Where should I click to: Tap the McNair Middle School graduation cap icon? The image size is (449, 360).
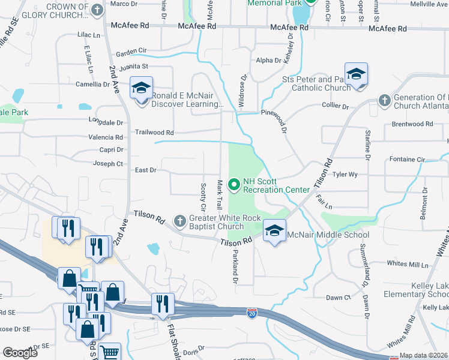[x=274, y=231]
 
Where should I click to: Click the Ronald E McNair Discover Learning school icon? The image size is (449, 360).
[x=142, y=89]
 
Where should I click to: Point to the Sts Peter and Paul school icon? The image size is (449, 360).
[x=356, y=74]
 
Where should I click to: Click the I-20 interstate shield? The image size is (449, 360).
[x=252, y=312]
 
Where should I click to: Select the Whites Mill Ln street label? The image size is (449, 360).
[x=408, y=264]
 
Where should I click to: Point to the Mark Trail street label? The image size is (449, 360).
[x=220, y=193]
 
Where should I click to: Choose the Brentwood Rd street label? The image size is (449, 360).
[x=408, y=124]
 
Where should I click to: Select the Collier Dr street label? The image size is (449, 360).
[x=336, y=106]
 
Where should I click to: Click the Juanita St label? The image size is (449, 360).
[x=133, y=66]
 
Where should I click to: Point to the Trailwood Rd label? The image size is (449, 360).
[x=154, y=133]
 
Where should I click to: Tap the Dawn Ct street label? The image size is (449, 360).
[x=338, y=297]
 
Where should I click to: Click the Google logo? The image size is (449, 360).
[x=20, y=353]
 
